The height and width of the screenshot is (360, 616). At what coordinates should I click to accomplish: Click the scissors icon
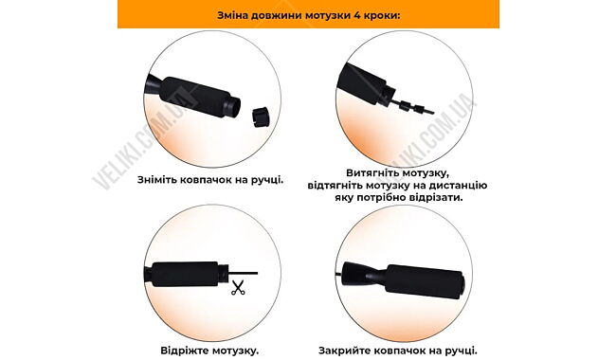(238, 287)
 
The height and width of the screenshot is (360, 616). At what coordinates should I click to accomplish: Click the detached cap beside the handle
(260, 117)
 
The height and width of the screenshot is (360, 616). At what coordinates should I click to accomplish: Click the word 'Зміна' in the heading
(232, 16)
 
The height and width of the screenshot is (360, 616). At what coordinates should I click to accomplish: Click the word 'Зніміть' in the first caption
(157, 180)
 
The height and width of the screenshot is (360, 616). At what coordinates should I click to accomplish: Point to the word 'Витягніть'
(370, 173)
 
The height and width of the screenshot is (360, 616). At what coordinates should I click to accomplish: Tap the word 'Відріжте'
(185, 351)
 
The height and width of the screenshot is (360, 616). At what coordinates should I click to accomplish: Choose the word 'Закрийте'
(343, 351)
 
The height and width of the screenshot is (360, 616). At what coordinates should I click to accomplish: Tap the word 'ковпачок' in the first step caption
(207, 180)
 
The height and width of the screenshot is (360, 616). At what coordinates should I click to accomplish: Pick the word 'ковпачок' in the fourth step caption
(397, 351)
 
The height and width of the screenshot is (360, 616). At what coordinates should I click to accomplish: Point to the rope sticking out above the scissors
(243, 273)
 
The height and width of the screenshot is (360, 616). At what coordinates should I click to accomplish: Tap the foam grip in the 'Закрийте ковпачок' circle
(425, 283)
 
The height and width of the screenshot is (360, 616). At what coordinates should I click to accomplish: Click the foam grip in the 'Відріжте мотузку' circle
(185, 274)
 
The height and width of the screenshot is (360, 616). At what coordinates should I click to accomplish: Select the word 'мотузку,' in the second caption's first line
(424, 173)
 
